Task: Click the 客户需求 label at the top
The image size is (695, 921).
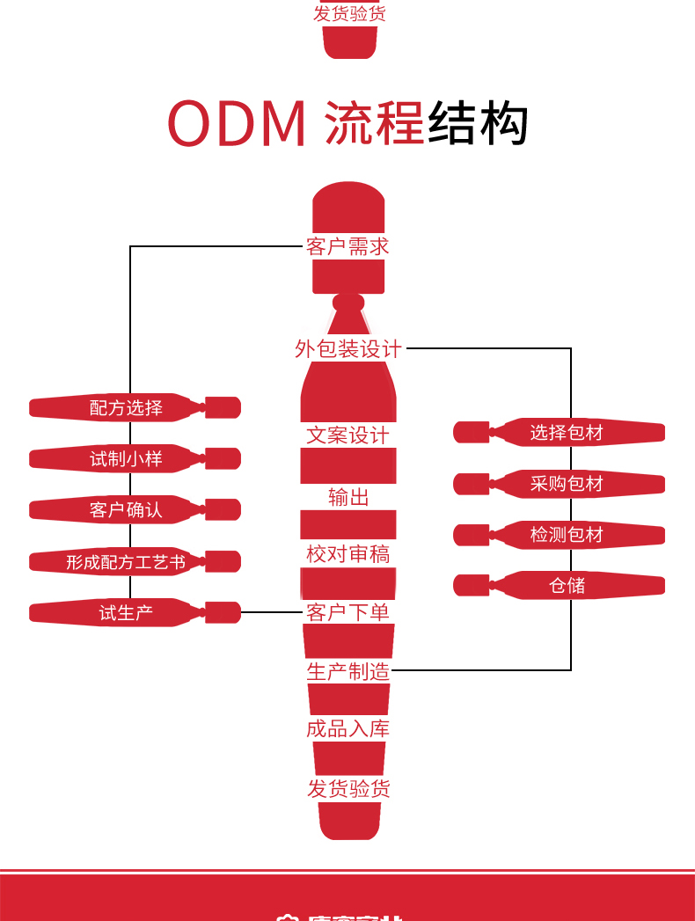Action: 347,246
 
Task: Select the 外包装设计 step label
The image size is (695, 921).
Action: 348,349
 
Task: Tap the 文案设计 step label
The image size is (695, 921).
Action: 347,435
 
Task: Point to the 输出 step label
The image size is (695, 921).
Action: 348,498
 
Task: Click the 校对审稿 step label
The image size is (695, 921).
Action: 347,554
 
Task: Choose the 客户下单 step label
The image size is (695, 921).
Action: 347,612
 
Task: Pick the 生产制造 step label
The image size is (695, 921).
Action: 347,672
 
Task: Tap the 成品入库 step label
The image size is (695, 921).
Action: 347,728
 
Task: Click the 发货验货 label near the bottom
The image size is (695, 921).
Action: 348,789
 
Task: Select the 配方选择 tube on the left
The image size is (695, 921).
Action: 126,408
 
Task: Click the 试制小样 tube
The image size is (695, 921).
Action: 126,459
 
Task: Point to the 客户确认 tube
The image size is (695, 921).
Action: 126,510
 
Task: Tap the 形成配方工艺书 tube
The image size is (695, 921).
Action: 126,562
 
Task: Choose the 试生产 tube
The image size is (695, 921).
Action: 126,613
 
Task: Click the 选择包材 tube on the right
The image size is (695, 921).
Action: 567,433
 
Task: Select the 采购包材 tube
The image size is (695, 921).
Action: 567,484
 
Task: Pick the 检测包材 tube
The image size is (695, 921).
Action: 567,535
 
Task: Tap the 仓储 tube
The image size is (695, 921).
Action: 567,586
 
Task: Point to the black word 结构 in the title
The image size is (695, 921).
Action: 478,124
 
